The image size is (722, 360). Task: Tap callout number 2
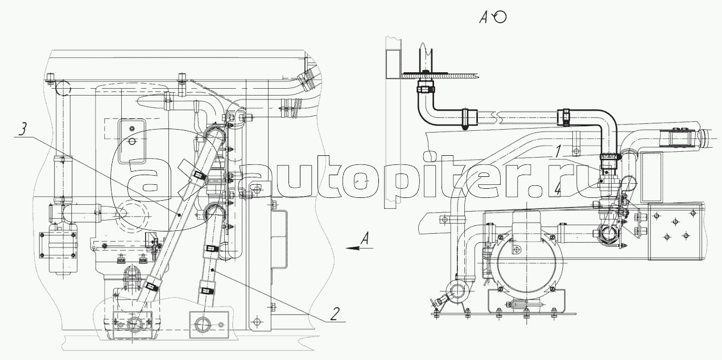coord(335,313)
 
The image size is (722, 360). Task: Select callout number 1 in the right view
coord(559,151)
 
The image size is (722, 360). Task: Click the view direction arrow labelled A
coord(360,248)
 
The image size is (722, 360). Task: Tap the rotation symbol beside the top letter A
coord(500,16)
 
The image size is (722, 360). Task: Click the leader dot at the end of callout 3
coord(179,214)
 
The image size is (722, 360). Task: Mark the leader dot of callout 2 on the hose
coord(212,270)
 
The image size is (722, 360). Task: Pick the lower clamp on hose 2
coord(205,291)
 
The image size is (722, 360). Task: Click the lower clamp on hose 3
coord(151,286)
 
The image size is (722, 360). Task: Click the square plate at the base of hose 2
coord(209,325)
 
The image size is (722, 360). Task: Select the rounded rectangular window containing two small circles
coord(132,141)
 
